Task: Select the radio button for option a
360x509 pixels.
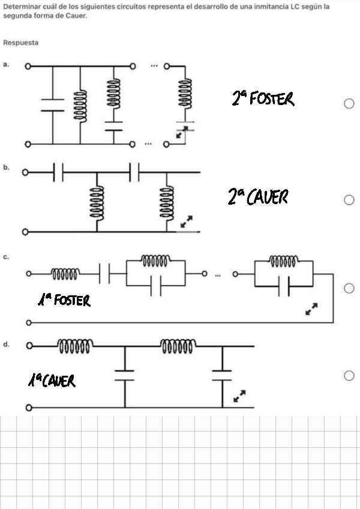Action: tap(349, 104)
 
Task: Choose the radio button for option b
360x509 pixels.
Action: tap(349, 200)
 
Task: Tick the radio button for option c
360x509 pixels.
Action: tap(349, 289)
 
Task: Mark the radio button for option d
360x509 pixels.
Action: tap(349, 376)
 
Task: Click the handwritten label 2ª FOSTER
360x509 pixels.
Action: tap(263, 98)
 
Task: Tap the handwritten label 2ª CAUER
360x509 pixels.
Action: tap(258, 196)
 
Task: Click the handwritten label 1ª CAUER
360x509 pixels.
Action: tap(52, 380)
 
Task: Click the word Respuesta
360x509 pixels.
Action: tap(20, 43)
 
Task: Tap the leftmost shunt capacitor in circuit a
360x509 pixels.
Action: tap(53, 105)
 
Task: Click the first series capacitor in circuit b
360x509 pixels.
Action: tap(58, 173)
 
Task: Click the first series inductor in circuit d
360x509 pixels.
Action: tap(74, 346)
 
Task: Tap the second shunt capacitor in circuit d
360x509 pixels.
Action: tap(222, 375)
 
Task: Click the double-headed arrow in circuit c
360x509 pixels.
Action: tap(311, 309)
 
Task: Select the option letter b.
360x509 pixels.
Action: tap(5, 167)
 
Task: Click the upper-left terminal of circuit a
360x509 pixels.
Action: tap(28, 65)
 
